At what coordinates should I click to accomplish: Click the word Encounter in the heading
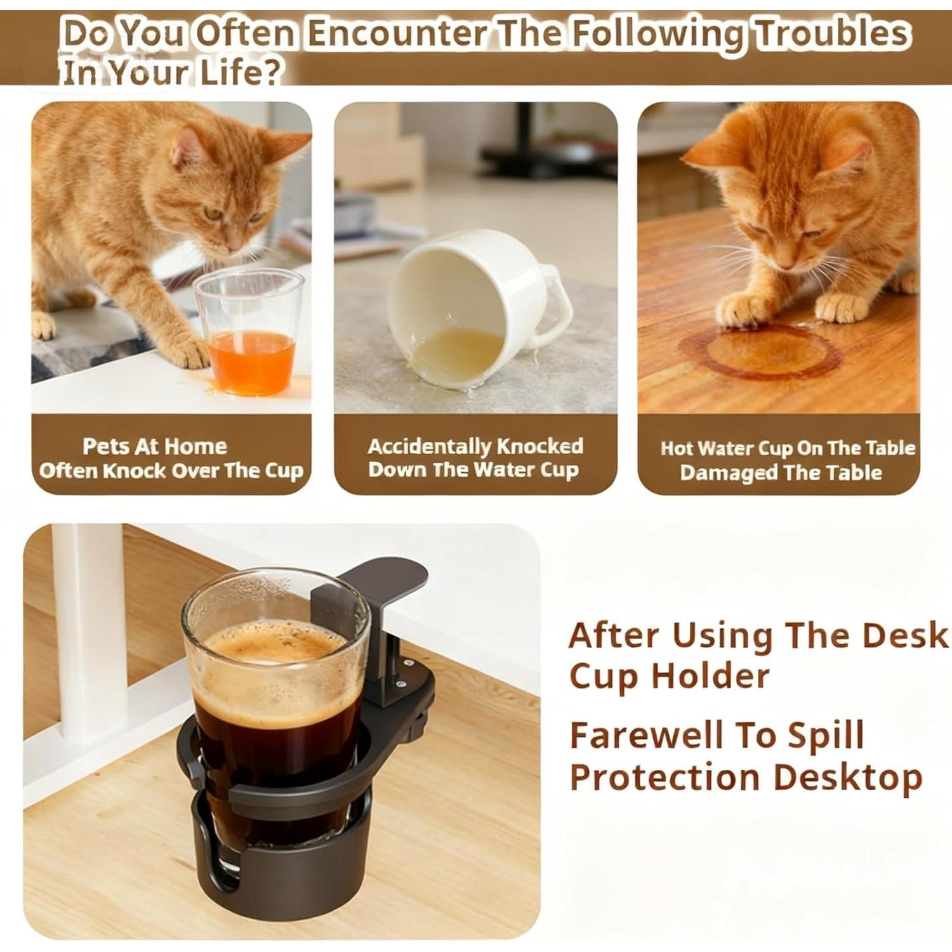coord(397,33)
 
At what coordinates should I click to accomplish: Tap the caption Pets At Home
coord(154,446)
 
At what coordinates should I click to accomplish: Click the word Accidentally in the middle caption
coord(429,446)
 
